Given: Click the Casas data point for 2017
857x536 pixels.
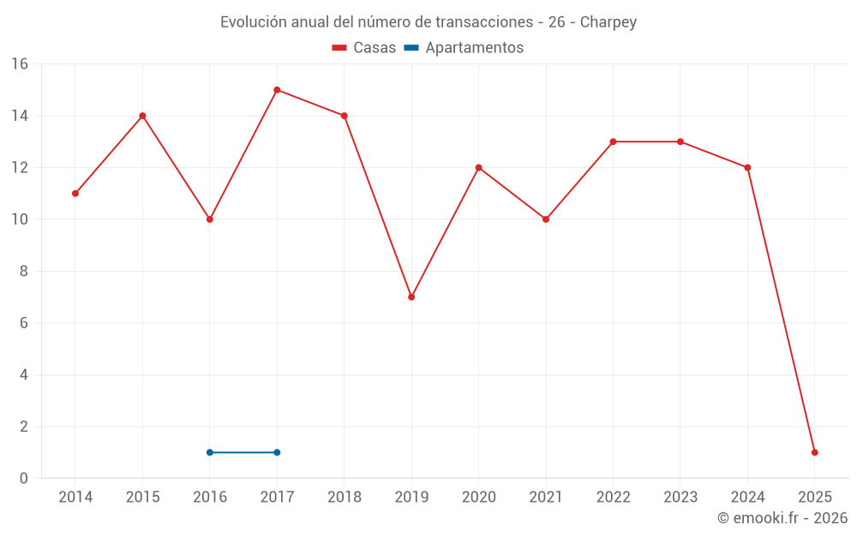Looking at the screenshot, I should (277, 90).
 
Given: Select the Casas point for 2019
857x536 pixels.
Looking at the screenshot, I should (411, 297).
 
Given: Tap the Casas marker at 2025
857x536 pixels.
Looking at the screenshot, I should (814, 452).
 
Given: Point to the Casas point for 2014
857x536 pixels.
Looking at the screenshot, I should (75, 193).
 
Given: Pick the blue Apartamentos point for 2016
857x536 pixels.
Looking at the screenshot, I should (210, 452).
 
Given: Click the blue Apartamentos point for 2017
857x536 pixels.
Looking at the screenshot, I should (277, 452).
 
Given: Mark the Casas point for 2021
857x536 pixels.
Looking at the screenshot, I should (546, 219).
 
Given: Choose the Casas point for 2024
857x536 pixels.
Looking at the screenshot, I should (747, 167).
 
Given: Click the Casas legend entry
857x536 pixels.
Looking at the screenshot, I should (364, 48).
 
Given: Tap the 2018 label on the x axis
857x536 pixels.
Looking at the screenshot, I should (345, 497).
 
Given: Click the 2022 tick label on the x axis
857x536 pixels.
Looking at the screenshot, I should (613, 497).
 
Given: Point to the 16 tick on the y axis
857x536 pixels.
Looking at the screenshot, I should (19, 64).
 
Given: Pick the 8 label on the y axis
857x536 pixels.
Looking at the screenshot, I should (23, 271).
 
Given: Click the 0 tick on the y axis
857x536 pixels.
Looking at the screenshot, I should (23, 478).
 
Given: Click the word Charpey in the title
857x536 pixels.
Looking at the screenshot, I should (608, 22).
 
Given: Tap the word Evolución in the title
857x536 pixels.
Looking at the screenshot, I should (253, 22).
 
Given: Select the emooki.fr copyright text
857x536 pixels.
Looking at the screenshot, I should (782, 518).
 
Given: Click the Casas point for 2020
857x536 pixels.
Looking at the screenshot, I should (478, 167).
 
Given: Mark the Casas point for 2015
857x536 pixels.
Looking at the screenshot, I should (142, 116).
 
